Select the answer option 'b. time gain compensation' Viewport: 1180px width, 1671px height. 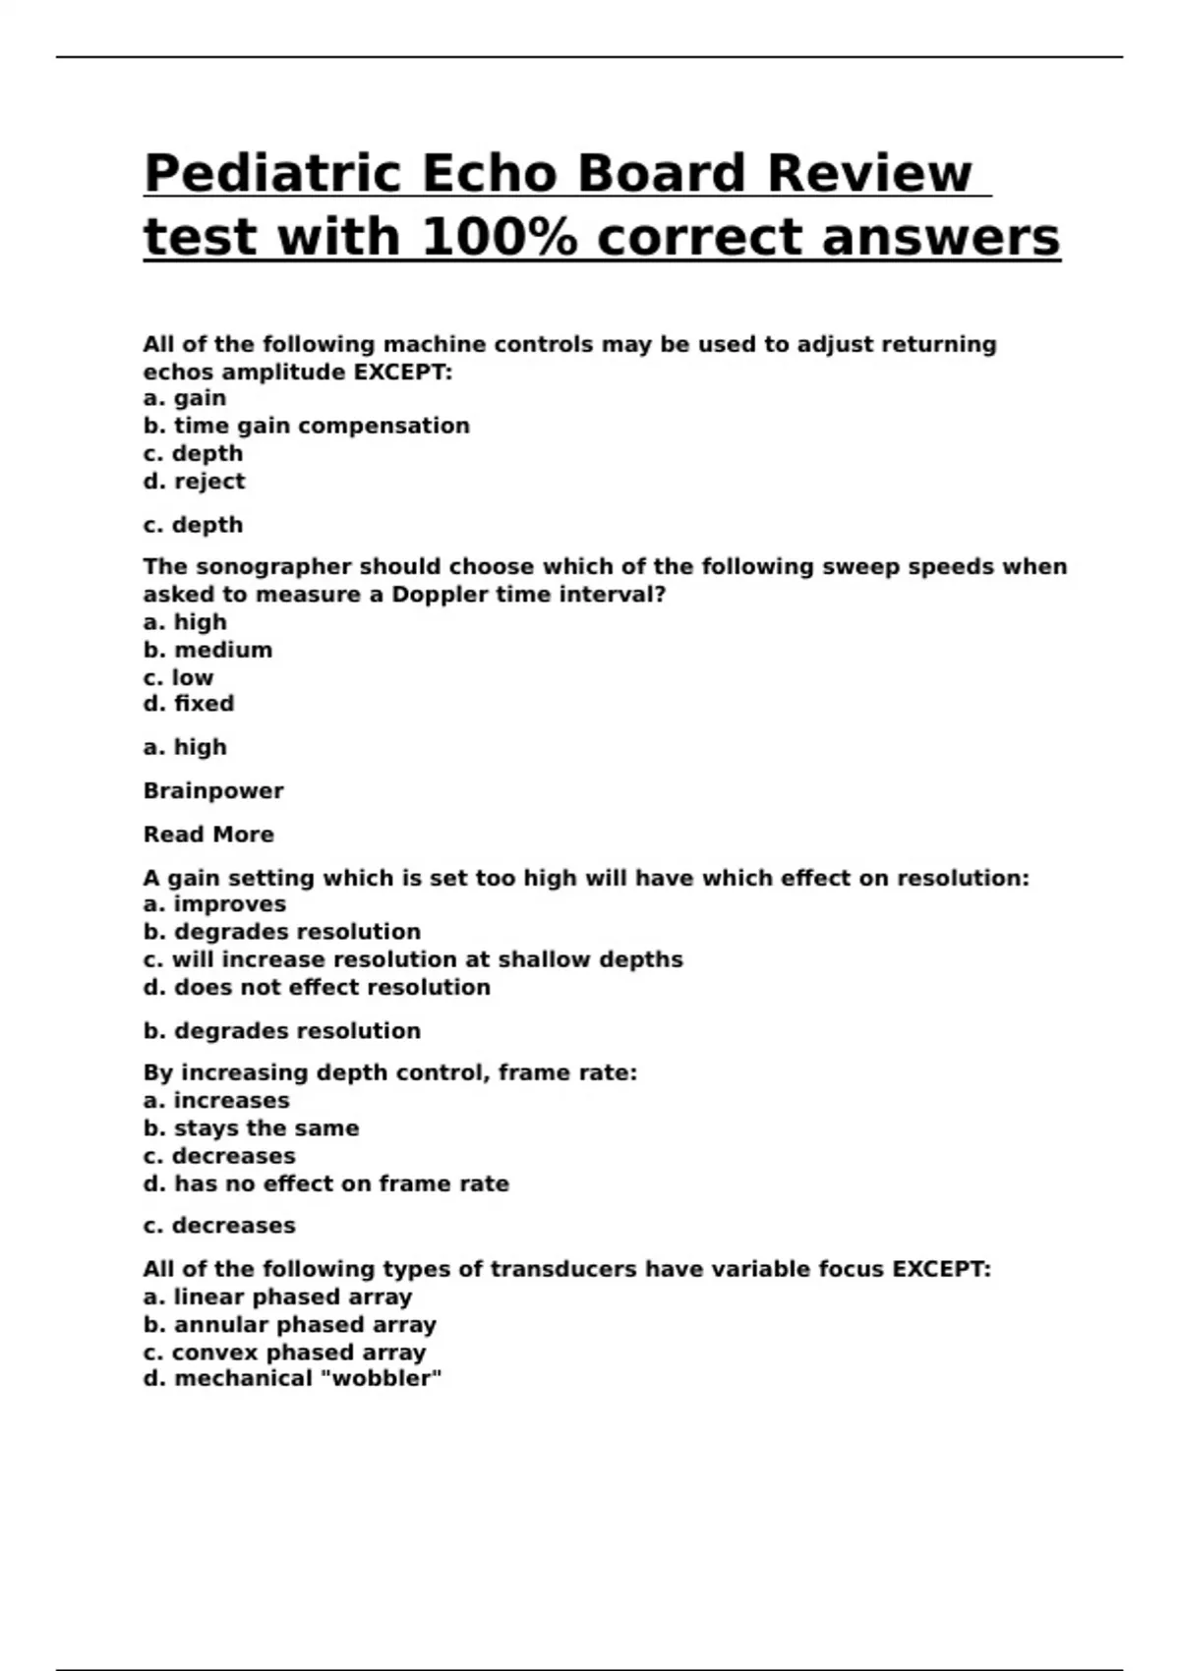tap(306, 426)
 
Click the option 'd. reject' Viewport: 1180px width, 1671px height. tap(194, 481)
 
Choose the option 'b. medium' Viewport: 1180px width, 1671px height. tap(207, 650)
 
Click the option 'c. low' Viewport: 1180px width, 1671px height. tap(178, 677)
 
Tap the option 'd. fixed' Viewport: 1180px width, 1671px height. tap(189, 704)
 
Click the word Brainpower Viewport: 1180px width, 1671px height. tap(213, 790)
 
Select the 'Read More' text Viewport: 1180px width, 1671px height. tap(208, 835)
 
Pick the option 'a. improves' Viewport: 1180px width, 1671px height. tap(214, 904)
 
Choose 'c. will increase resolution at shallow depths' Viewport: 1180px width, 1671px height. tap(413, 959)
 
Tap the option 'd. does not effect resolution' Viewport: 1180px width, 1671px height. tap(317, 987)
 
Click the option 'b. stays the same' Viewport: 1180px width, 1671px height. tap(251, 1128)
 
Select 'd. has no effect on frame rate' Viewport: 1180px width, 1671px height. tap(325, 1183)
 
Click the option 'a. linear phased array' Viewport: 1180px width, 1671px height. tap(277, 1296)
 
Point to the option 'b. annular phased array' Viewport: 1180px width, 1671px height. tap(289, 1324)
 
